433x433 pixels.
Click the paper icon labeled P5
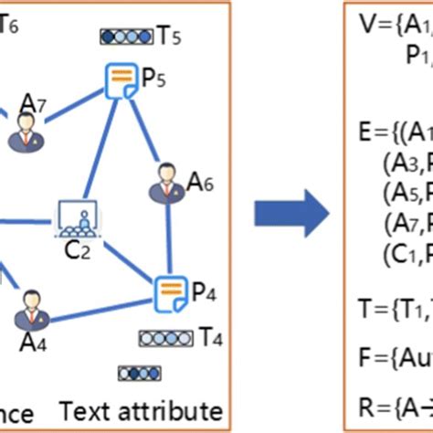pyautogui.click(x=121, y=83)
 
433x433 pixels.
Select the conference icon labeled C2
pyautogui.click(x=77, y=216)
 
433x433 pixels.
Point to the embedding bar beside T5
pyautogui.click(x=127, y=37)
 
